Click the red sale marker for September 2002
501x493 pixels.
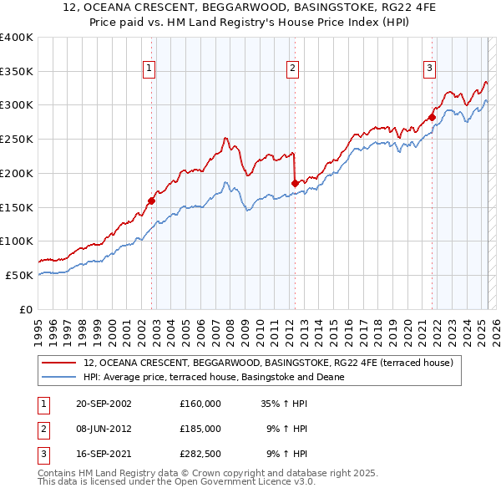(152, 201)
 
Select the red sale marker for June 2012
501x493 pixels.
(295, 183)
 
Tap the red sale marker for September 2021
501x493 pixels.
(433, 117)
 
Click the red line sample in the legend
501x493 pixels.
(59, 363)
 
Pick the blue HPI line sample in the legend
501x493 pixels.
(59, 377)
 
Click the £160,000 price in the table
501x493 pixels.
(200, 404)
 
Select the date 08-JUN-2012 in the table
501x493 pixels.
(104, 429)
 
